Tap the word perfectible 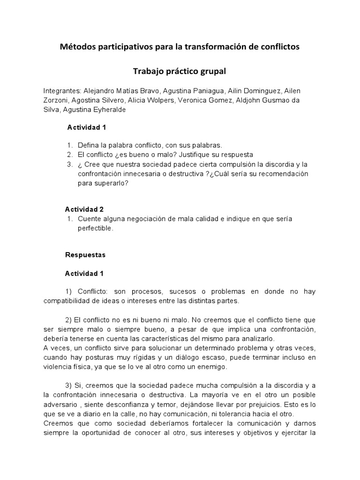click(x=95, y=228)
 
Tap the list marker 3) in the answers click(x=69, y=385)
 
